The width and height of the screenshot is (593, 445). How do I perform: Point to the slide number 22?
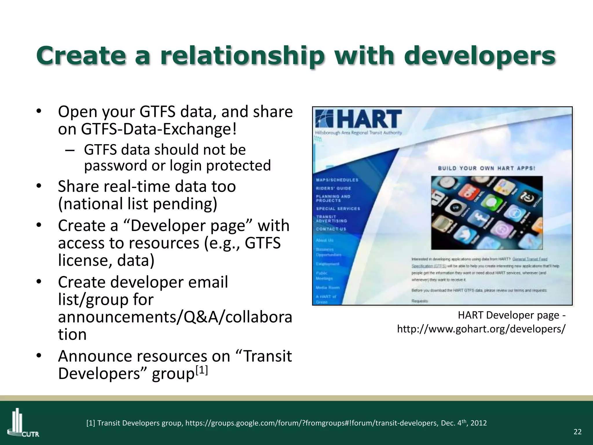pyautogui.click(x=577, y=432)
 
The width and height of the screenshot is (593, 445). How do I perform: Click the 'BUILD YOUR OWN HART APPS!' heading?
pyautogui.click(x=486, y=168)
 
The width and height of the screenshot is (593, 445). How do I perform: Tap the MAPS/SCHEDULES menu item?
pyautogui.click(x=337, y=180)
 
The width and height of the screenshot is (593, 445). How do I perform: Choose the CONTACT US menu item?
pyautogui.click(x=331, y=229)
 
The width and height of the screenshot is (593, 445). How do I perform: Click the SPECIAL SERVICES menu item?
pyautogui.click(x=338, y=209)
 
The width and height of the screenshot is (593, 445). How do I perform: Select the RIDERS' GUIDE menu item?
pyautogui.click(x=334, y=188)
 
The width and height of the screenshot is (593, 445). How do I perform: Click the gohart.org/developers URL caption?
pyautogui.click(x=481, y=329)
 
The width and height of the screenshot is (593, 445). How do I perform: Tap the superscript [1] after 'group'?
pyautogui.click(x=202, y=370)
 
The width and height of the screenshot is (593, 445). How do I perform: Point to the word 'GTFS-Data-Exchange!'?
pyautogui.click(x=159, y=129)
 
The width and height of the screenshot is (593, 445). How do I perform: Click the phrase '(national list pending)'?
pyautogui.click(x=138, y=204)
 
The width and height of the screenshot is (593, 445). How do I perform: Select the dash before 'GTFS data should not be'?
pyautogui.click(x=69, y=150)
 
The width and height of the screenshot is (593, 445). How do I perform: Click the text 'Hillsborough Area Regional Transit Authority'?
pyautogui.click(x=358, y=133)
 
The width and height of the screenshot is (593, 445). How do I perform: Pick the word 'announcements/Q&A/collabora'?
pyautogui.click(x=175, y=317)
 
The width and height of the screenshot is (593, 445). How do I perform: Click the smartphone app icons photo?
pyautogui.click(x=486, y=213)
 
